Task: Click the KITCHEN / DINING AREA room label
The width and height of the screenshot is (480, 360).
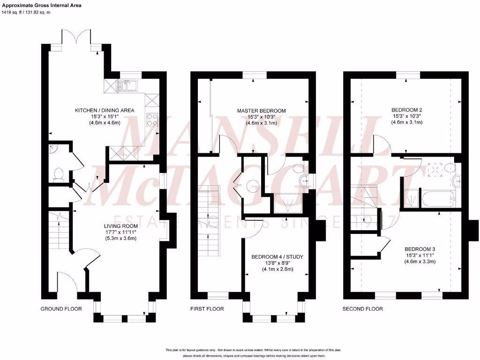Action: [105, 111]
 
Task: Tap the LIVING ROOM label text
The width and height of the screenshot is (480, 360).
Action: [119, 226]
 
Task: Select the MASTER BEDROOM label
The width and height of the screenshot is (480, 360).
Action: [261, 111]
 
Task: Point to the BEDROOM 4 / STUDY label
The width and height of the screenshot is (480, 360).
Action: [277, 257]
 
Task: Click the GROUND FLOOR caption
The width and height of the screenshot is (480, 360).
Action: [61, 309]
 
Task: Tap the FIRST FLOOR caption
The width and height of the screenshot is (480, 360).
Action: [207, 309]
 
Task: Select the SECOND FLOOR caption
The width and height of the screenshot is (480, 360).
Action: [362, 309]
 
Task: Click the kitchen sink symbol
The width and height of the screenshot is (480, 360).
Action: [127, 85]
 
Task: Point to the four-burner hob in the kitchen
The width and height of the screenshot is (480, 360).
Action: [153, 120]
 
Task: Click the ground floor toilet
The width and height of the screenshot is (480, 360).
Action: [59, 174]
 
